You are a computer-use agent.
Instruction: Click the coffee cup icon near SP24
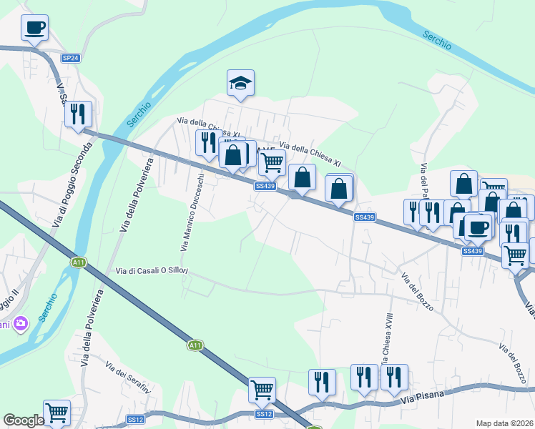pyautogui.click(x=35, y=29)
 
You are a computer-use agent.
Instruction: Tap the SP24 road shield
pyautogui.click(x=70, y=58)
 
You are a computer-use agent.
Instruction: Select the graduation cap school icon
pyautogui.click(x=241, y=84)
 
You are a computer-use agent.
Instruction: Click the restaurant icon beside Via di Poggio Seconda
pyautogui.click(x=78, y=114)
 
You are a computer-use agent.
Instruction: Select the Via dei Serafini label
pyautogui.click(x=128, y=378)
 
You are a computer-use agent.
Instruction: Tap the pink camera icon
pyautogui.click(x=19, y=324)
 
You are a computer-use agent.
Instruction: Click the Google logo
pyautogui.click(x=24, y=420)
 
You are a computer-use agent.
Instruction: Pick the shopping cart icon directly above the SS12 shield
pyautogui.click(x=262, y=390)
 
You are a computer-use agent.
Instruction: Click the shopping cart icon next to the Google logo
pyautogui.click(x=57, y=412)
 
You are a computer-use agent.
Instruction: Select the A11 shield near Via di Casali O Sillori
pyautogui.click(x=79, y=262)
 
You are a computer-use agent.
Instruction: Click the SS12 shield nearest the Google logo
pyautogui.click(x=135, y=420)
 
